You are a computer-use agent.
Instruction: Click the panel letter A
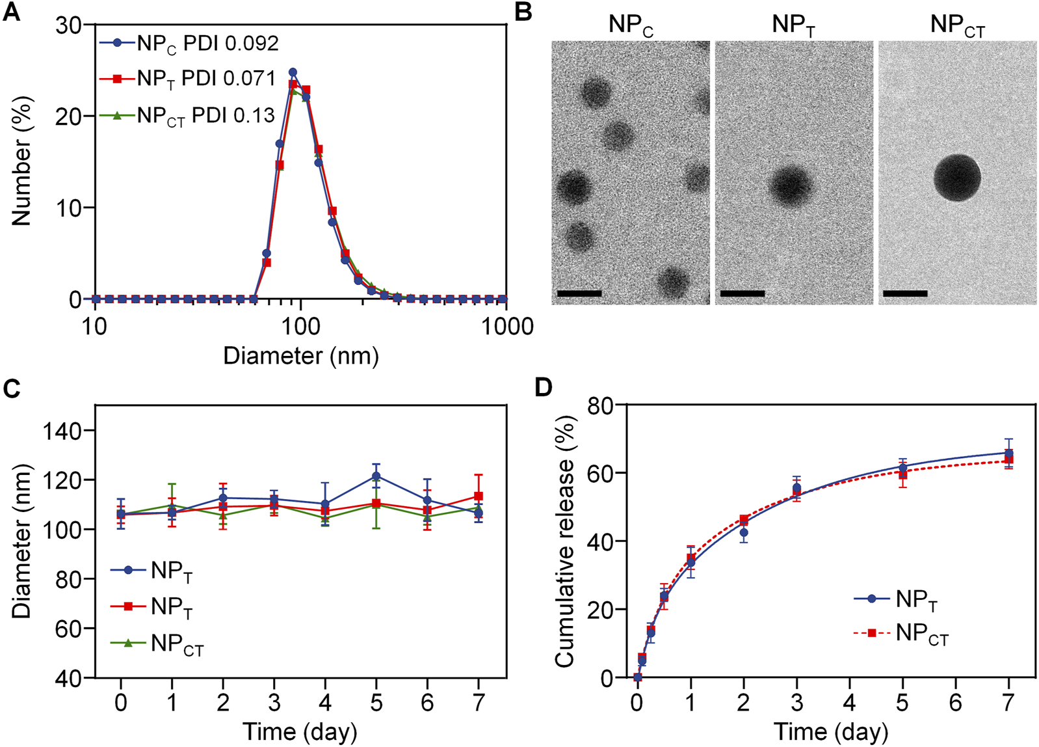pyautogui.click(x=11, y=12)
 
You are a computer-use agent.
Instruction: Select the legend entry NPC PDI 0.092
pyautogui.click(x=189, y=44)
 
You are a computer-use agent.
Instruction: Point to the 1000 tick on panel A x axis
pyautogui.click(x=507, y=326)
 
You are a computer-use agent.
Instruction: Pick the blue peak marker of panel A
pyautogui.click(x=293, y=72)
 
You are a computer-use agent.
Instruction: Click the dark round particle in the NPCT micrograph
pyautogui.click(x=957, y=178)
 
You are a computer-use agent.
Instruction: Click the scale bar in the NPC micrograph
pyautogui.click(x=579, y=293)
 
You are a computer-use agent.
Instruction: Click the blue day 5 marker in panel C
pyautogui.click(x=376, y=476)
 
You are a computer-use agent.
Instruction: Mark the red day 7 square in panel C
pyautogui.click(x=479, y=496)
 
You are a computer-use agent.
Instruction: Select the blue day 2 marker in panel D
pyautogui.click(x=744, y=532)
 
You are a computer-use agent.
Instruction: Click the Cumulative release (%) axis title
pyautogui.click(x=565, y=541)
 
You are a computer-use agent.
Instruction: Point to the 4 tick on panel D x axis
pyautogui.click(x=850, y=703)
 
